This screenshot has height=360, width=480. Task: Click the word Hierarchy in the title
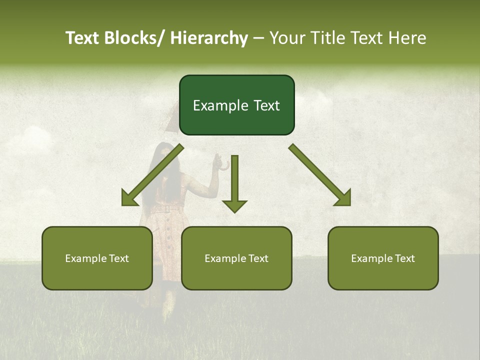209,38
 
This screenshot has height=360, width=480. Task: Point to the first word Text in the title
83,38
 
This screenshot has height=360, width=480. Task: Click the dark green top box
236,105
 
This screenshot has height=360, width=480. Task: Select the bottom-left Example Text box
97,258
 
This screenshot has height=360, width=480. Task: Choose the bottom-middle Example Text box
236,258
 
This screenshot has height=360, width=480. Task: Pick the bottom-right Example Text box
383,258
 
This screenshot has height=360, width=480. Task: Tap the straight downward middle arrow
234,182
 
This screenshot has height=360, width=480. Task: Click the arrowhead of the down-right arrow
343,198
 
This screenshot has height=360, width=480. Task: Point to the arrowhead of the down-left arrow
129,198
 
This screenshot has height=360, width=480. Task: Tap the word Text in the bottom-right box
404,258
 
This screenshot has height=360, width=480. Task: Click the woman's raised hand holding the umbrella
216,161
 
